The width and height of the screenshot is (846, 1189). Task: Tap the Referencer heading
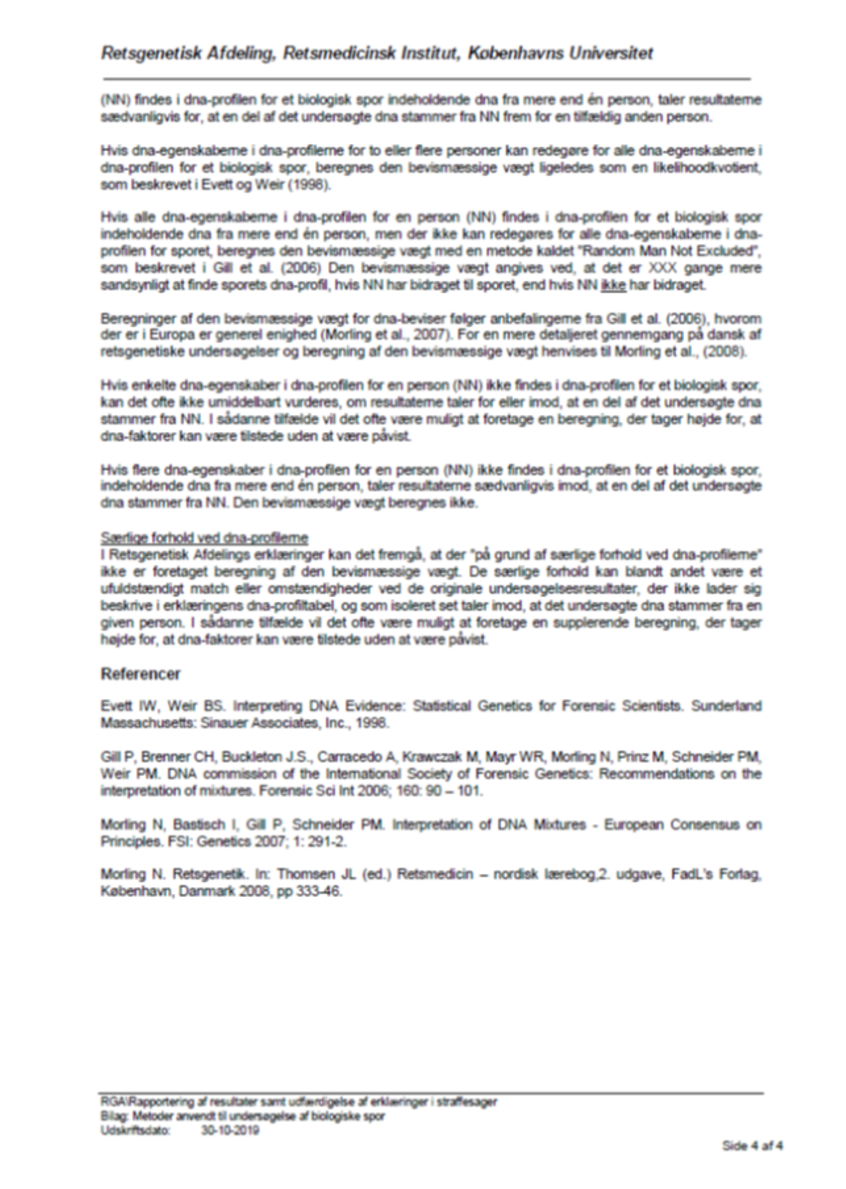[x=140, y=674]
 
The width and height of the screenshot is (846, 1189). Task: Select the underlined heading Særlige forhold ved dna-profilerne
[x=204, y=538]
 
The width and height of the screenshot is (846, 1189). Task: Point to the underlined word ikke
[x=614, y=286]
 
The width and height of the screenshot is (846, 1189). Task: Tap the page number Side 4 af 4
[x=752, y=1146]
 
